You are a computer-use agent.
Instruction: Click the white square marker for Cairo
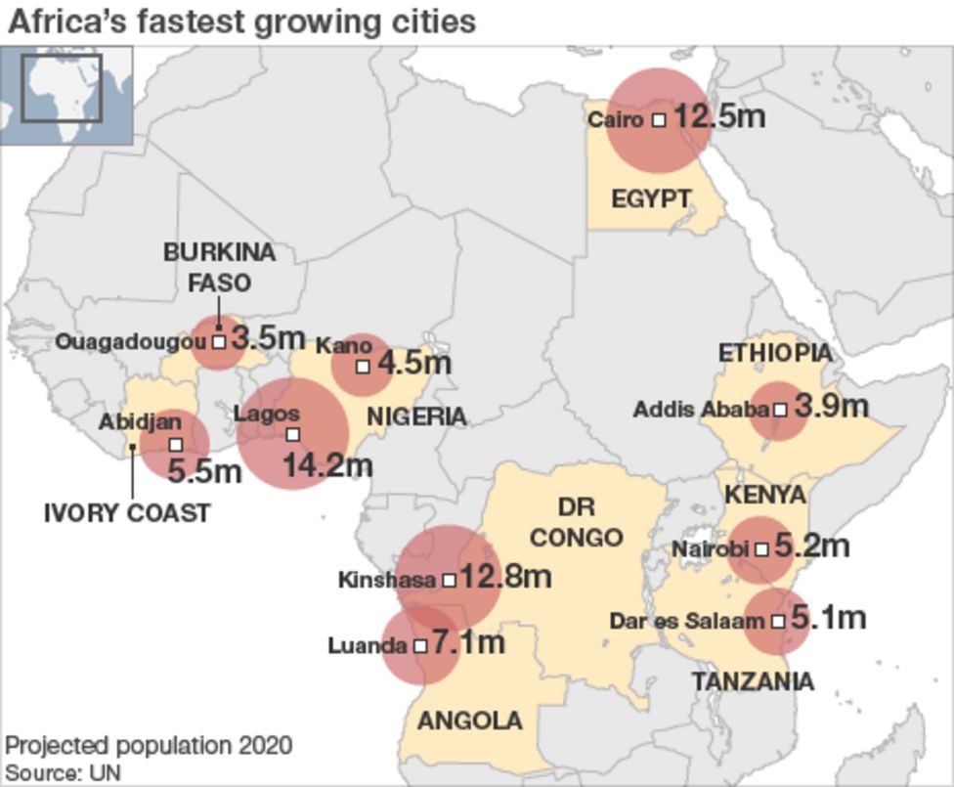[x=659, y=119]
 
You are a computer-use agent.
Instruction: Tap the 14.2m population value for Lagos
[x=327, y=465]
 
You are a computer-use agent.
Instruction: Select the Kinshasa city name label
[x=386, y=580]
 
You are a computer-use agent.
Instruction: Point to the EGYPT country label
[x=651, y=199]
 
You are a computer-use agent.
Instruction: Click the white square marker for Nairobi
[x=761, y=549]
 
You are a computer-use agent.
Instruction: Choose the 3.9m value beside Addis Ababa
[x=831, y=407]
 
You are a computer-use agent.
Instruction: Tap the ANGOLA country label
[x=470, y=721]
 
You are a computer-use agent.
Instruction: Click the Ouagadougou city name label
[x=131, y=342]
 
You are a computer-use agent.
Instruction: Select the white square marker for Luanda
[x=420, y=646]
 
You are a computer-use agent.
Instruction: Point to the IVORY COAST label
[x=127, y=512]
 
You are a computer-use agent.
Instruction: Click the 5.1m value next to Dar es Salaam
[x=828, y=618]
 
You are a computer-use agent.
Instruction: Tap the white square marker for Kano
[x=363, y=367]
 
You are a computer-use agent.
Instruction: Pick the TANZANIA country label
[x=753, y=680]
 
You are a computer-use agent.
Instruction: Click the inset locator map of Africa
[x=66, y=95]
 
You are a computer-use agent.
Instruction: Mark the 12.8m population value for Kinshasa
[x=505, y=577]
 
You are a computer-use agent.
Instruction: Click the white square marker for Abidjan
[x=176, y=445]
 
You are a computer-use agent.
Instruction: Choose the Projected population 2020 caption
[x=149, y=746]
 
